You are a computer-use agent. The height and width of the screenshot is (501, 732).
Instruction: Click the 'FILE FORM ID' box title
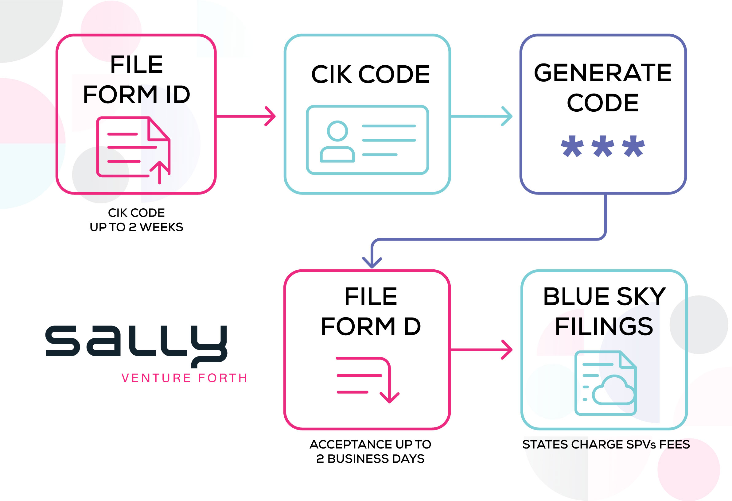136,79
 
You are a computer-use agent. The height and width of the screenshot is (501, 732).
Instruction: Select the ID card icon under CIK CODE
367,140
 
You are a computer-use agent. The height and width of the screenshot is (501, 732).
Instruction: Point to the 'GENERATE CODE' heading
603,87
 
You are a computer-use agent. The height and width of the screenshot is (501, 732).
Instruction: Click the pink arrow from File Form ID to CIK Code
246,116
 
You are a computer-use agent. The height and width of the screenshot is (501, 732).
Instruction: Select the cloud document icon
605,383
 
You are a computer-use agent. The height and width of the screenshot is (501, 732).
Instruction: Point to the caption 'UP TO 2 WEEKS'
136,227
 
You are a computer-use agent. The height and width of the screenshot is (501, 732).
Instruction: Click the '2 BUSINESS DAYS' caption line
370,459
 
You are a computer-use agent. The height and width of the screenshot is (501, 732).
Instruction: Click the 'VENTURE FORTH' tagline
185,378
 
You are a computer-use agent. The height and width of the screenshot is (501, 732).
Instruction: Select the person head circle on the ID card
337,131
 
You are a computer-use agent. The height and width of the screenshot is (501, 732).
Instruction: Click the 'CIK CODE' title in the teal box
370,74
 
